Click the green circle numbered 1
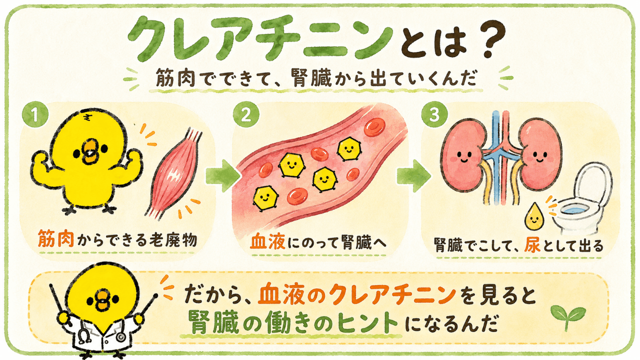pyautogui.click(x=35, y=115)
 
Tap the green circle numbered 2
pyautogui.click(x=246, y=115)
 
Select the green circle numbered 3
pyautogui.click(x=434, y=115)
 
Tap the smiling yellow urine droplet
pyautogui.click(x=534, y=216)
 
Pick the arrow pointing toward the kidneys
pyautogui.click(x=413, y=176)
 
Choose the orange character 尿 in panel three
pyautogui.click(x=532, y=245)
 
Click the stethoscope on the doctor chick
pyautogui.click(x=85, y=333)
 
